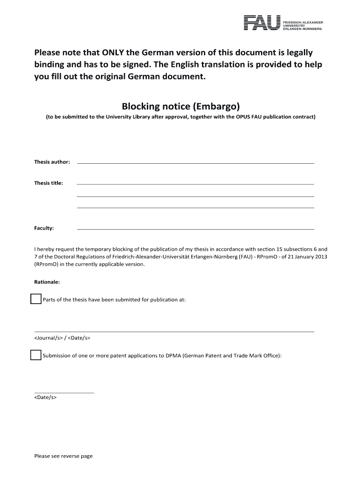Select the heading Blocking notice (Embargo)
[x=180, y=106]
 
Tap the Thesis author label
[x=52, y=162]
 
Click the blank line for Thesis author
[x=195, y=163]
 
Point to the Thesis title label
[x=49, y=183]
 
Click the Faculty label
[x=44, y=228]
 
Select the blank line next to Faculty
[x=195, y=229]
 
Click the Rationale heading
[x=47, y=282]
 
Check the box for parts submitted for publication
[x=36, y=299]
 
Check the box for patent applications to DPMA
[x=36, y=355]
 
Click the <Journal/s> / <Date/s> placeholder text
[x=62, y=338]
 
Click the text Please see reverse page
[x=64, y=456]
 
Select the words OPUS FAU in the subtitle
[x=252, y=117]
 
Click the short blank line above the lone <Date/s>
[x=64, y=392]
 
